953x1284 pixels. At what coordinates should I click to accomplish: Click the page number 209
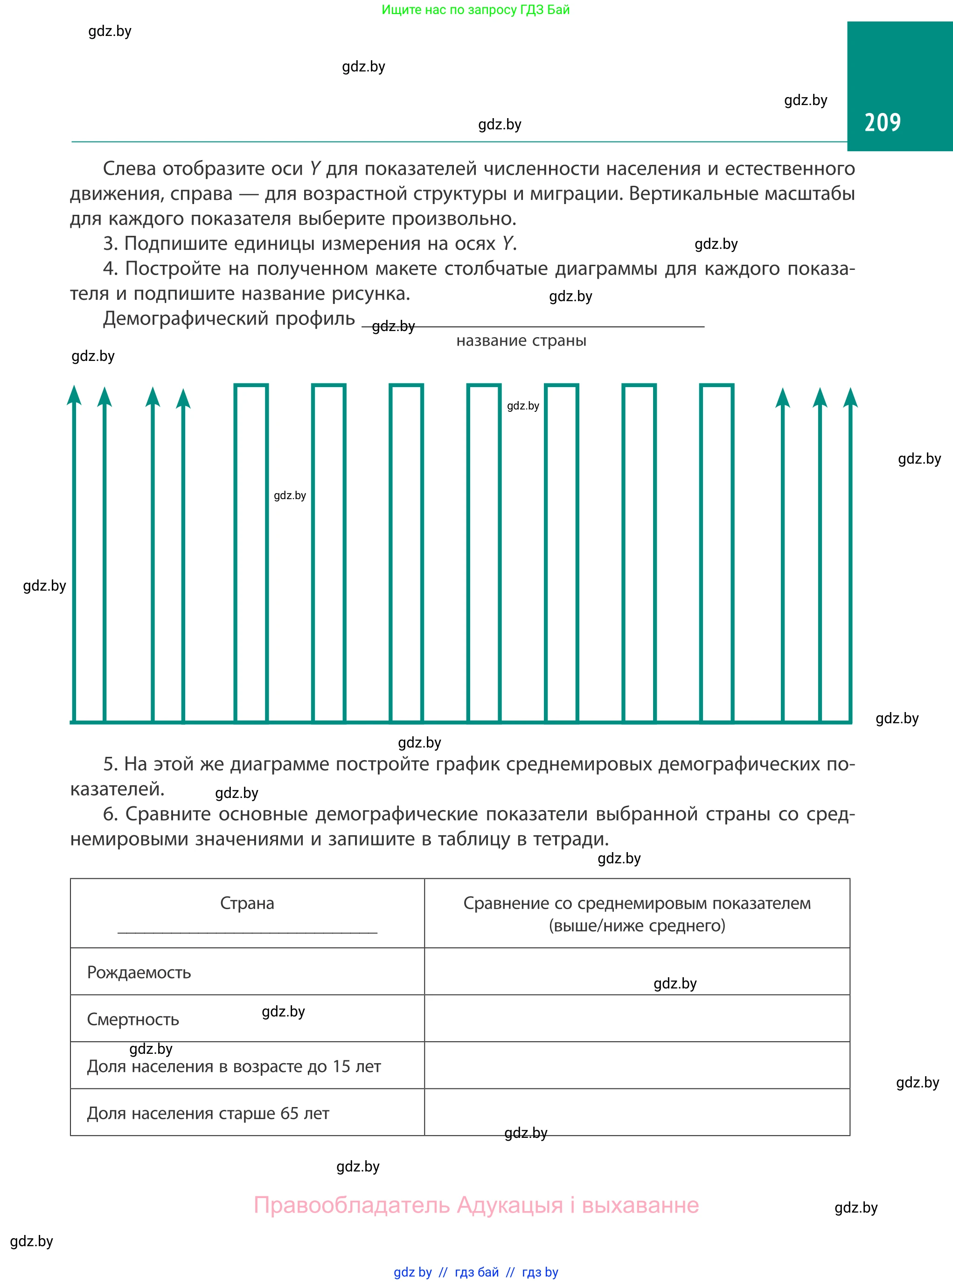[882, 122]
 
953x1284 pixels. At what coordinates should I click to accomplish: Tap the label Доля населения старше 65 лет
[208, 1113]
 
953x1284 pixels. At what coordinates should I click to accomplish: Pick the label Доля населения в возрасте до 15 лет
[234, 1066]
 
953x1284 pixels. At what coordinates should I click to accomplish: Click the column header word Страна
[247, 903]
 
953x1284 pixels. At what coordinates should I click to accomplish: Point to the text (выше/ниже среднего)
[637, 925]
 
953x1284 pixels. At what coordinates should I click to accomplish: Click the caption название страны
[521, 341]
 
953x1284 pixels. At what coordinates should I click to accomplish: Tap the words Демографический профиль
[229, 319]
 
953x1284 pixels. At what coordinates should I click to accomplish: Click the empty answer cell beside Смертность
[637, 1018]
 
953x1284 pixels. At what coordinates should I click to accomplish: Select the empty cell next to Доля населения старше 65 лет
[637, 1113]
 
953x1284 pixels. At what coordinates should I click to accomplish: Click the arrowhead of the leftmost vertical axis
[74, 395]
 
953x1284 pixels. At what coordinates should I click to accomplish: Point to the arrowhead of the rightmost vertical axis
[850, 398]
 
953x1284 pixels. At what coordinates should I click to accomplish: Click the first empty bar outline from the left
[251, 553]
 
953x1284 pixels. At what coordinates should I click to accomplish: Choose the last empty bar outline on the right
[716, 553]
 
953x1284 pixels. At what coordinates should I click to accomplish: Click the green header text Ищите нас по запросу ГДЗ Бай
[475, 10]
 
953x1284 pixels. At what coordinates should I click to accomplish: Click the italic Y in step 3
[507, 244]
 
